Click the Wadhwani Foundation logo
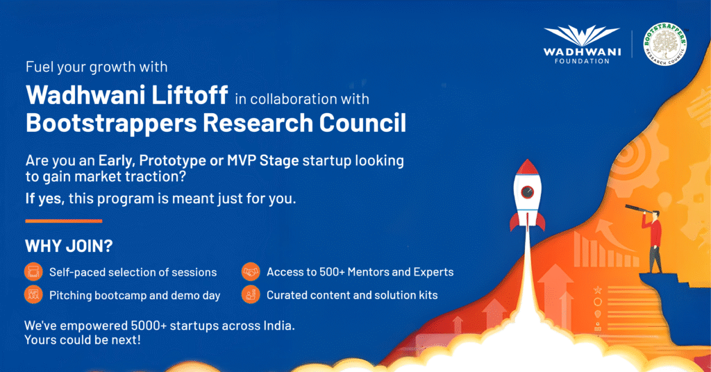(582, 44)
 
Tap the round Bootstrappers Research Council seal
(665, 44)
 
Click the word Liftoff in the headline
(190, 95)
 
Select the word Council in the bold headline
(362, 123)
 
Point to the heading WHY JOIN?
(69, 246)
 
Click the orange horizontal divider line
(63, 221)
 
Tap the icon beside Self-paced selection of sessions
(33, 272)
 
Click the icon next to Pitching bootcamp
(33, 295)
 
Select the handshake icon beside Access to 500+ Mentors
(251, 272)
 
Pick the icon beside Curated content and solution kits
(251, 295)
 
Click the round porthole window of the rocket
(527, 192)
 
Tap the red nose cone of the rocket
(527, 168)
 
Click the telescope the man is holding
(639, 210)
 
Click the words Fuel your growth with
(97, 67)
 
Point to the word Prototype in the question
(172, 161)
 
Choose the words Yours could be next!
(83, 340)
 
